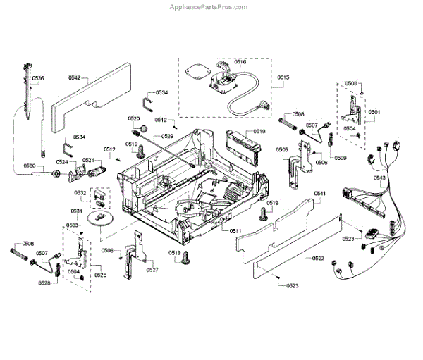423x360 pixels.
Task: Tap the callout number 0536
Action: [x=38, y=78]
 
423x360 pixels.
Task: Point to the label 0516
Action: [x=240, y=62]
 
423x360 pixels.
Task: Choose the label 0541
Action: [x=319, y=193]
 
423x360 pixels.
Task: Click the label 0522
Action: [x=318, y=258]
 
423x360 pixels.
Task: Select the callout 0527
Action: [x=152, y=270]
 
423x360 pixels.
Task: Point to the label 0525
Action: [x=101, y=274]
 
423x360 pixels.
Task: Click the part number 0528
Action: [x=44, y=283]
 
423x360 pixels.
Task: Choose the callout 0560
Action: [x=29, y=166]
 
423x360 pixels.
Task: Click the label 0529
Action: [x=167, y=135]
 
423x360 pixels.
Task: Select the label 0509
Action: [x=341, y=158]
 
